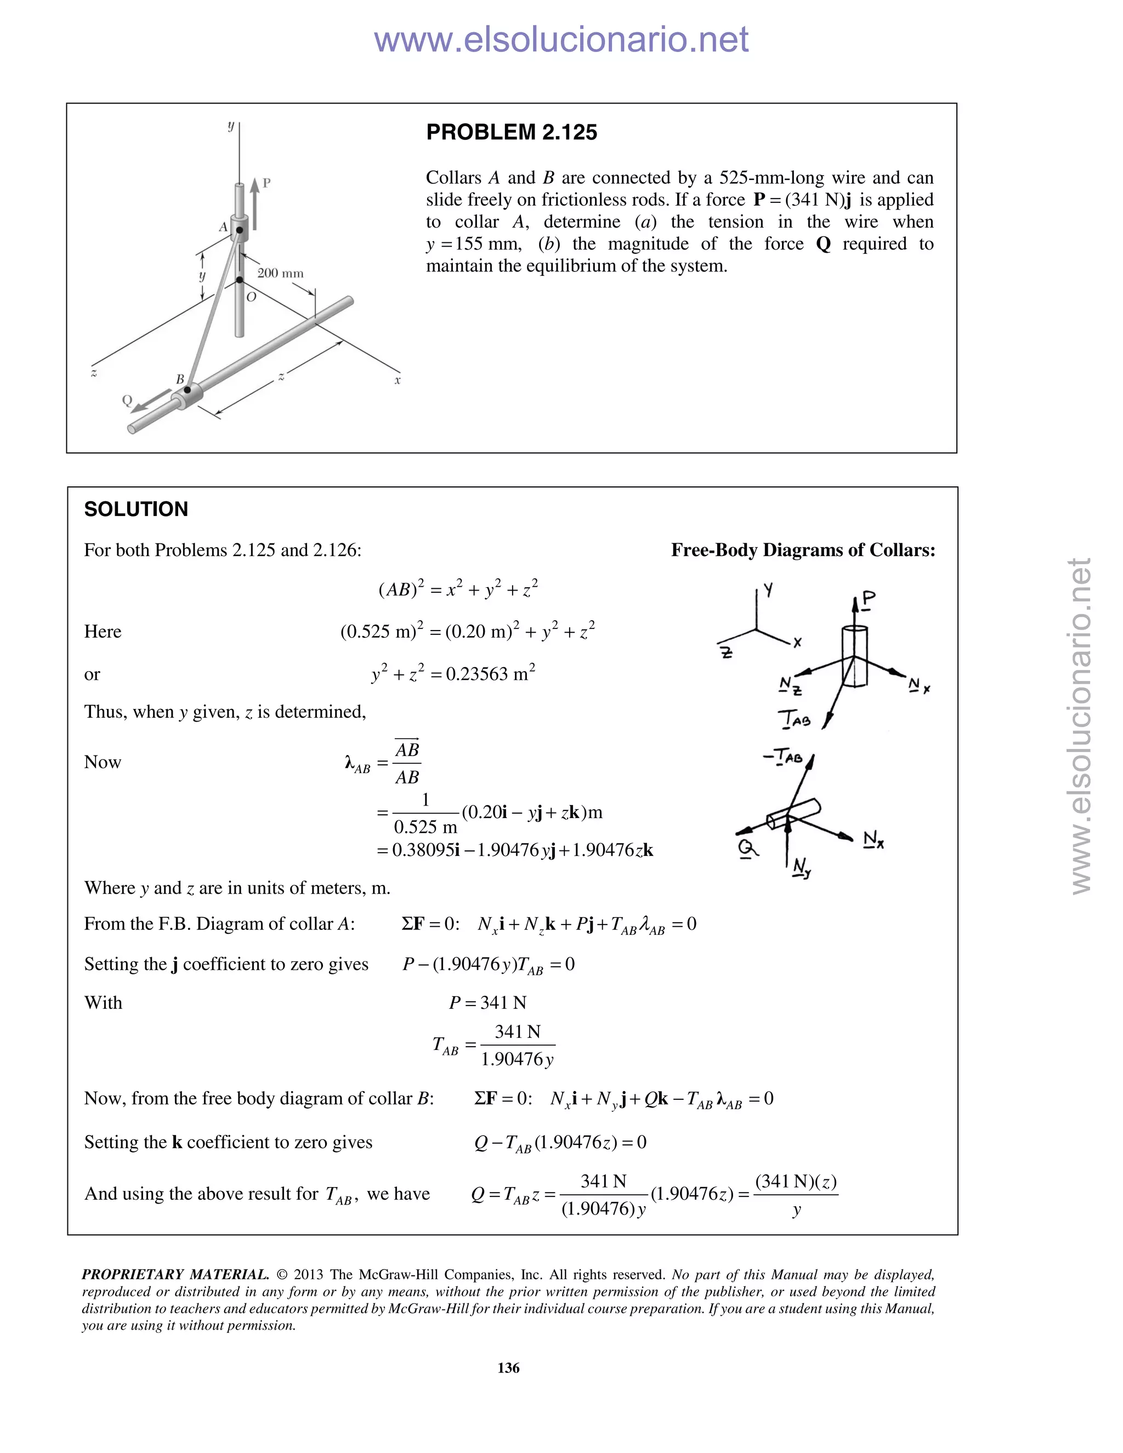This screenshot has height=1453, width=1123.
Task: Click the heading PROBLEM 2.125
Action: click(x=511, y=132)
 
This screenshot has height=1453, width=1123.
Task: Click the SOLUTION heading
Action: click(x=136, y=509)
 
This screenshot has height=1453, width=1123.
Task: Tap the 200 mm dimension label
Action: click(x=280, y=274)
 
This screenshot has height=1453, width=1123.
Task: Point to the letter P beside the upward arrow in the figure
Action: click(x=267, y=182)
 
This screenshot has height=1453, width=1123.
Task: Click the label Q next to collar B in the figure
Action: click(x=127, y=400)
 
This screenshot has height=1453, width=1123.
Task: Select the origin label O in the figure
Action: click(x=251, y=297)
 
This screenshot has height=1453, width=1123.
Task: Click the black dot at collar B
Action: click(x=188, y=389)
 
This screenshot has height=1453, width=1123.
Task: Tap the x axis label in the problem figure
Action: click(x=397, y=381)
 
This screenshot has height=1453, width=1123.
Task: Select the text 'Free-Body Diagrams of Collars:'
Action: click(x=802, y=550)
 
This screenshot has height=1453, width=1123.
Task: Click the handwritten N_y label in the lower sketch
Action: click(x=801, y=868)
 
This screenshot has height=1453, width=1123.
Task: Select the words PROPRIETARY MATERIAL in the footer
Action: click(x=175, y=1275)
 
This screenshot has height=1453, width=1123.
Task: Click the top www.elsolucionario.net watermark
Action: click(x=561, y=39)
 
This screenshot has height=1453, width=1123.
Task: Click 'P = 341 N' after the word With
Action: click(x=487, y=1003)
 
